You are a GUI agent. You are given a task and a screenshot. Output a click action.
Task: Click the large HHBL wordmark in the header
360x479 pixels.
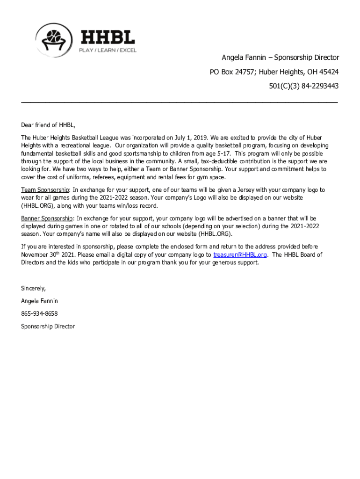(108, 37)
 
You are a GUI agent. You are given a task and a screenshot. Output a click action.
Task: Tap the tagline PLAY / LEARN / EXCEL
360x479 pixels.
(107, 50)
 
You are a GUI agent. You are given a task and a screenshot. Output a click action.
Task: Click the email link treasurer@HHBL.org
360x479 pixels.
(240, 255)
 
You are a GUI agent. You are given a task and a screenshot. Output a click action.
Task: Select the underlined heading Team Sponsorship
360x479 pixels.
(45, 190)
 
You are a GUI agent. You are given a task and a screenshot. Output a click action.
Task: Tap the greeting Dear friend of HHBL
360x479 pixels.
(48, 125)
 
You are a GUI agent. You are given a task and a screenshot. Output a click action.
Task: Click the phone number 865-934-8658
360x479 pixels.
(39, 313)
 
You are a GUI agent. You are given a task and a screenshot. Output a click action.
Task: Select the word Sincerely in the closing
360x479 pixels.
(33, 288)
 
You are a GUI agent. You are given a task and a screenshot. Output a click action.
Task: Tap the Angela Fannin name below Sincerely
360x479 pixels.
(39, 301)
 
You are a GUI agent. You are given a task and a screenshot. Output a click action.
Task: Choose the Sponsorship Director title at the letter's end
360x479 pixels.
(48, 327)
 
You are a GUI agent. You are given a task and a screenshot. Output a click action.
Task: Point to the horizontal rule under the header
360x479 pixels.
(180, 102)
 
